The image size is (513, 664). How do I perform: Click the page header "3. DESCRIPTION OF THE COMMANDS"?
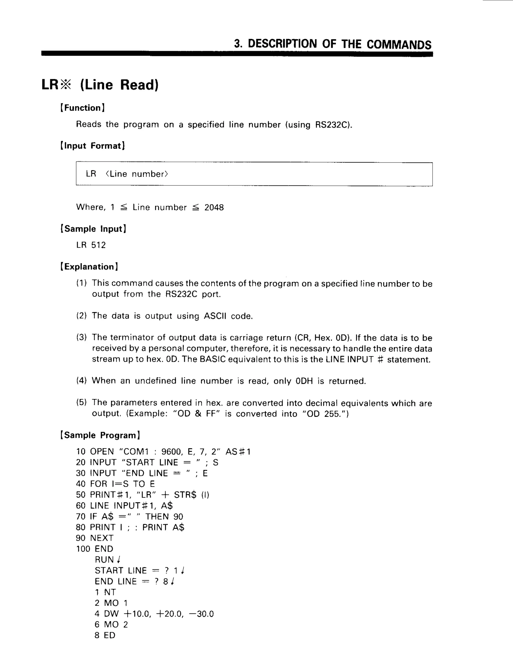click(x=332, y=44)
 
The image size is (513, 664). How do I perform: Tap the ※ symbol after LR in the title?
click(x=65, y=85)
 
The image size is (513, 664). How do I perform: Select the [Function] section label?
click(x=82, y=108)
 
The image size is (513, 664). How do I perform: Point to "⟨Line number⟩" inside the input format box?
click(x=137, y=174)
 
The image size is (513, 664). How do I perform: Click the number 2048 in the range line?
click(x=214, y=208)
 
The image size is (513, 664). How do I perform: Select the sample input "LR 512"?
click(x=91, y=245)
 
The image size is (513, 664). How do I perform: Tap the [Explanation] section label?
click(x=89, y=267)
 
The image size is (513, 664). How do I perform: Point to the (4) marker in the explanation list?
click(x=81, y=381)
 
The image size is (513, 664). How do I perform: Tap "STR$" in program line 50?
click(x=185, y=495)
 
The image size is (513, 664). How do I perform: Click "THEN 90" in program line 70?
click(x=164, y=517)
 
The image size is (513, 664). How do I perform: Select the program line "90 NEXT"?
click(x=94, y=538)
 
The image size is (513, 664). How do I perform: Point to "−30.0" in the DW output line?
click(x=201, y=614)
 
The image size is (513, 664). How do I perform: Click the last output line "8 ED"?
click(x=105, y=635)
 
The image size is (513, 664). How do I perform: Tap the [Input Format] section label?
click(x=92, y=146)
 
